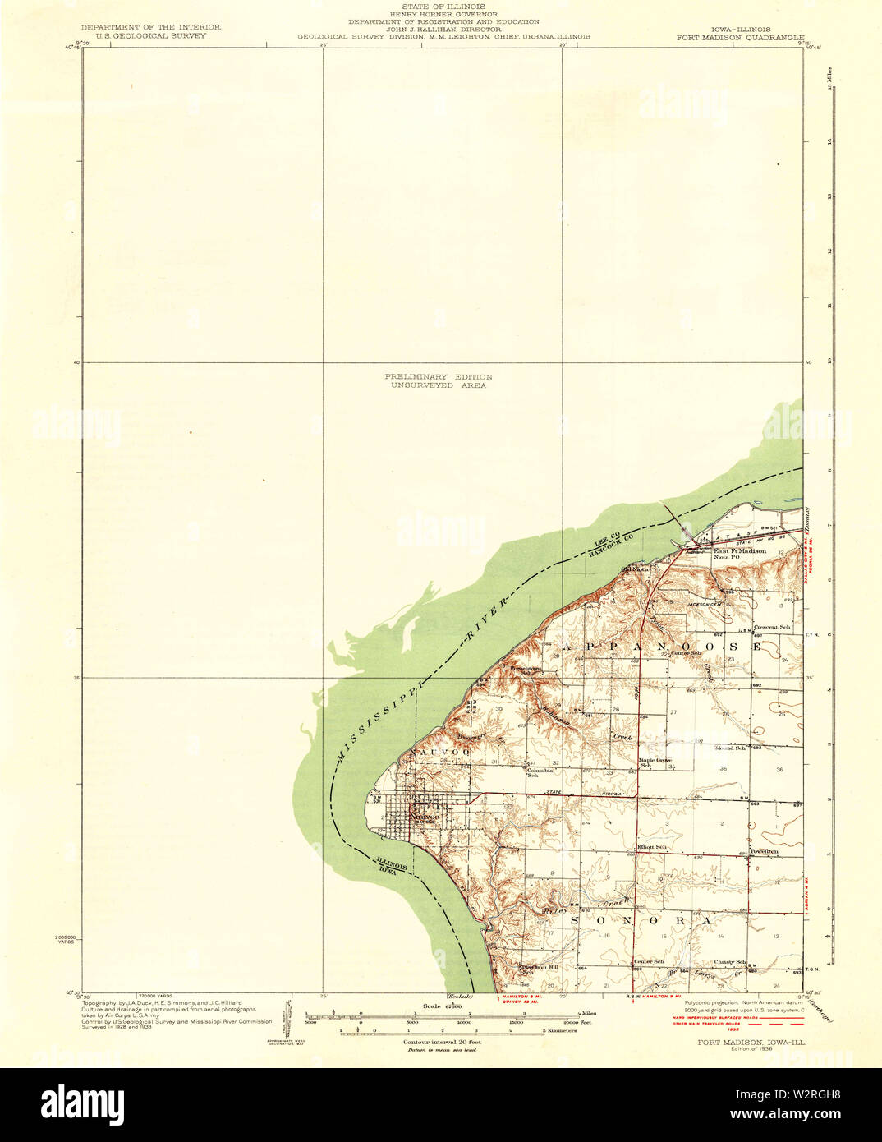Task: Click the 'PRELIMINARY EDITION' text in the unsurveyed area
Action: click(439, 376)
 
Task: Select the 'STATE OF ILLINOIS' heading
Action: click(443, 6)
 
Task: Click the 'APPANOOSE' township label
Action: click(657, 647)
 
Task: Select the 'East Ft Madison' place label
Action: click(739, 551)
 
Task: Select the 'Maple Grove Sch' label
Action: click(656, 762)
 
